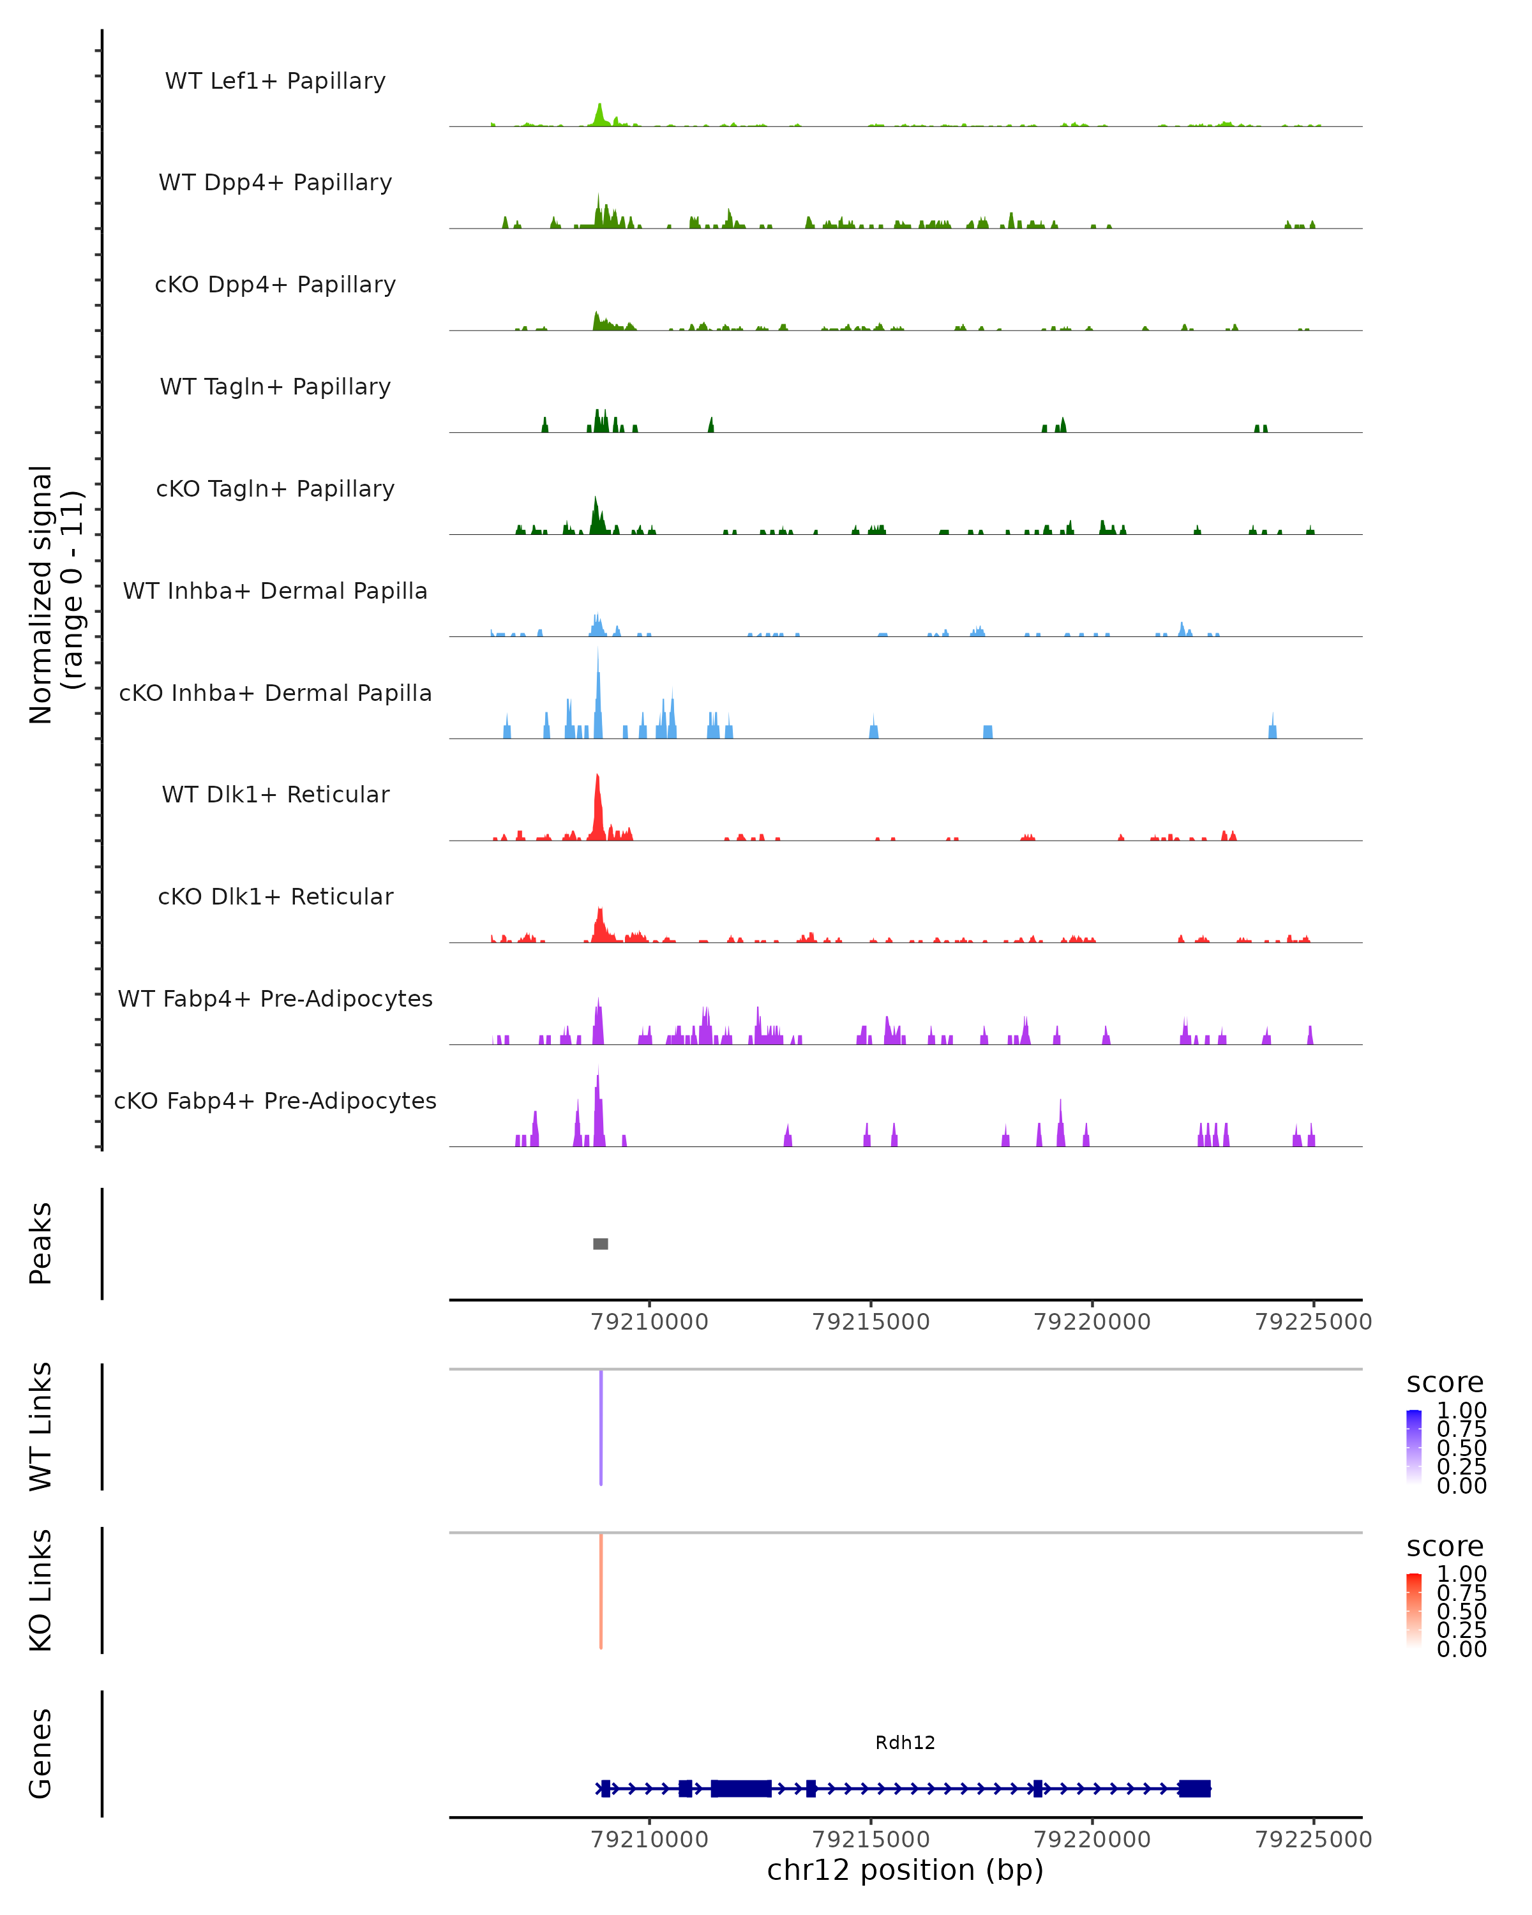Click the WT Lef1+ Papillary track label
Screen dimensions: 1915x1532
click(275, 81)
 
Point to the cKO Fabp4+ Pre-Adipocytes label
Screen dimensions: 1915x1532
click(275, 1100)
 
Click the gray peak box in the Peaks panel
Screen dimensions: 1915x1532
click(601, 1243)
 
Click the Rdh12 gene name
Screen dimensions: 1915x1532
click(905, 1743)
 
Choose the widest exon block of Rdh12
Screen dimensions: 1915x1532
click(740, 1788)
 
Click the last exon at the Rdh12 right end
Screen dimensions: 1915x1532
click(1194, 1788)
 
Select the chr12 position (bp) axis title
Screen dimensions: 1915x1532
click(905, 1870)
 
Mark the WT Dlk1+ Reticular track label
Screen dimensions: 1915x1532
click(275, 794)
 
